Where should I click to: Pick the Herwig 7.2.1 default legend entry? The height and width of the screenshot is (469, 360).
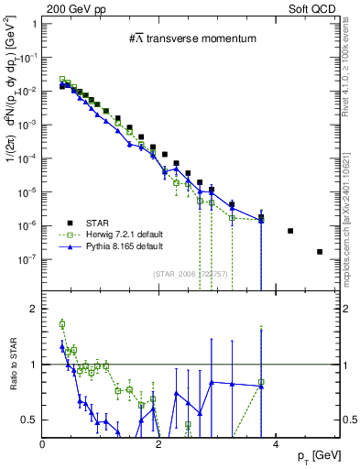point(123,234)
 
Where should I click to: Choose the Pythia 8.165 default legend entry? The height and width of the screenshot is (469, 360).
point(123,247)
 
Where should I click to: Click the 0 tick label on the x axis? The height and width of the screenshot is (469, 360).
point(43,444)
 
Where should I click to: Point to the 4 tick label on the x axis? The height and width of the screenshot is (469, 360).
point(277,444)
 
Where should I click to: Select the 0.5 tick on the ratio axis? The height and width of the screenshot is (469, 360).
point(31,420)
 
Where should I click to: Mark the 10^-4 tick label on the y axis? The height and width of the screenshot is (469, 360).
point(27,158)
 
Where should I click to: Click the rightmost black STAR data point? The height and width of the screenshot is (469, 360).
point(320,252)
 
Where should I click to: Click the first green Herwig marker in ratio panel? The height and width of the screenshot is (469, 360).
point(62,323)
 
